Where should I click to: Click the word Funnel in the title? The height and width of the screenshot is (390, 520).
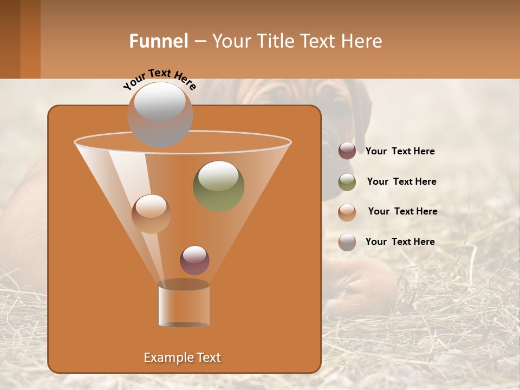click(158, 41)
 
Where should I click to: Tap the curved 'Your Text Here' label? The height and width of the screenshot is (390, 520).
click(160, 79)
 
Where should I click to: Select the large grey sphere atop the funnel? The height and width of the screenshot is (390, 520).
click(160, 114)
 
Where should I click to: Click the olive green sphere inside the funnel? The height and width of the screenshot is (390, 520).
click(218, 186)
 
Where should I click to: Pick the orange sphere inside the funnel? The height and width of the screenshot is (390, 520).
click(151, 213)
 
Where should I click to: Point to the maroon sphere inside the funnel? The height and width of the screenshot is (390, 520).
click(194, 260)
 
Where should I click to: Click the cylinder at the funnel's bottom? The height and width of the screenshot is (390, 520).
click(184, 304)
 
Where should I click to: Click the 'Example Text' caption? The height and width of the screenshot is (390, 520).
click(182, 357)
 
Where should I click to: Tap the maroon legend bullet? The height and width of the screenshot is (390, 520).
click(347, 151)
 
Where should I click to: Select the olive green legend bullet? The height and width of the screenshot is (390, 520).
click(347, 182)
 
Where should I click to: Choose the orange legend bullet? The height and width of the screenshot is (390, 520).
click(347, 212)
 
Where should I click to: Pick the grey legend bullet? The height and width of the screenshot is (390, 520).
click(347, 242)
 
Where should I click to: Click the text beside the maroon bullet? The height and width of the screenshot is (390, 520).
click(400, 151)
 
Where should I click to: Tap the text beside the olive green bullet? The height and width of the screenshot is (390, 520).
click(401, 181)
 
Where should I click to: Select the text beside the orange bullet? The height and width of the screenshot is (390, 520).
click(402, 211)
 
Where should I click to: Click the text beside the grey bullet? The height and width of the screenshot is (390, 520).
click(400, 242)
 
